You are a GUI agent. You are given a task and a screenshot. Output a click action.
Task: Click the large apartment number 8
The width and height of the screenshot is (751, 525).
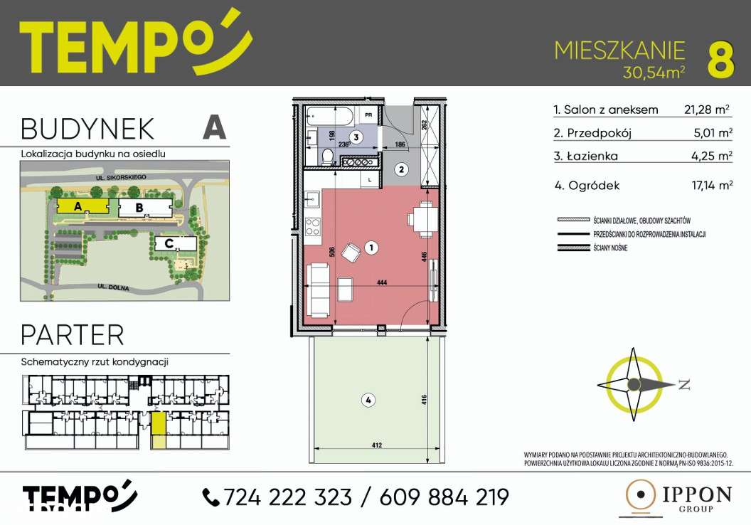click(720, 59)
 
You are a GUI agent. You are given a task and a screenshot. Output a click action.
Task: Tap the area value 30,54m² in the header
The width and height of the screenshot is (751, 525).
click(654, 72)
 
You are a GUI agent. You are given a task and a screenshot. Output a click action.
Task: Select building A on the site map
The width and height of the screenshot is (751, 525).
click(78, 207)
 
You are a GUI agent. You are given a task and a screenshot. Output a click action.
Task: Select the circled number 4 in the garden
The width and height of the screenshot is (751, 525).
click(367, 401)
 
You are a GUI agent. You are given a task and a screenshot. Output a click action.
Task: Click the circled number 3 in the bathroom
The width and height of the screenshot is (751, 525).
click(357, 136)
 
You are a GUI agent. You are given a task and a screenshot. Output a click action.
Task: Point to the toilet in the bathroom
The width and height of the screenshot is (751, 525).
click(327, 156)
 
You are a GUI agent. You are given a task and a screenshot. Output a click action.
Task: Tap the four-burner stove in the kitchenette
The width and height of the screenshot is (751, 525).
click(313, 227)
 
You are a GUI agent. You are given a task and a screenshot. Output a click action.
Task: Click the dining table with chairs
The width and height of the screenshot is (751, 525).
click(423, 218)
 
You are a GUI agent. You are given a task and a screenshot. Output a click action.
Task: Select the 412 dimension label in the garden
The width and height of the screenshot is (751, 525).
click(376, 445)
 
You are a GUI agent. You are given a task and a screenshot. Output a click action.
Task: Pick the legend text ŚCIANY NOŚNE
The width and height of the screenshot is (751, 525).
click(611, 247)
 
